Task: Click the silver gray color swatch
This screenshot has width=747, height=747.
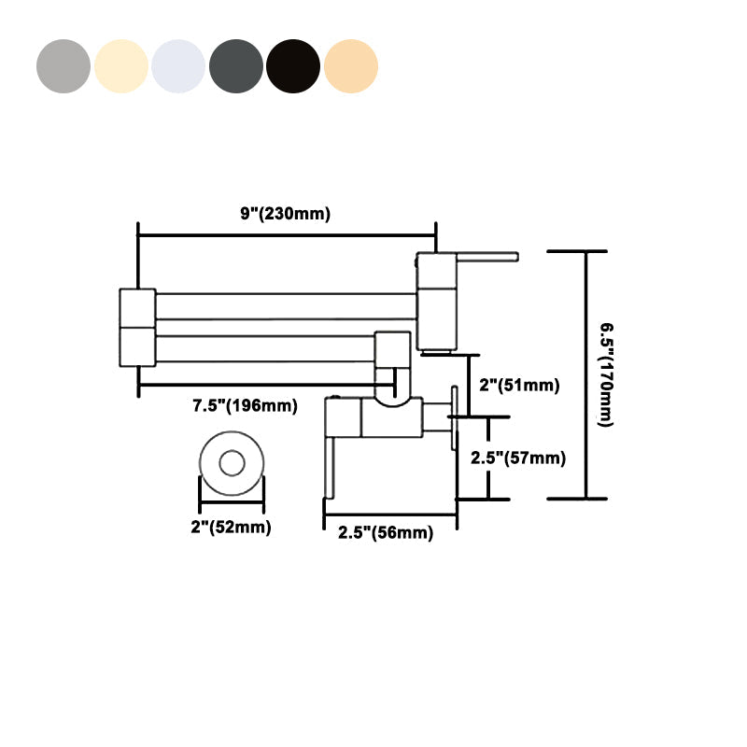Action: pyautogui.click(x=63, y=67)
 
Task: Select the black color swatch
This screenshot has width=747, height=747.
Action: pyautogui.click(x=293, y=67)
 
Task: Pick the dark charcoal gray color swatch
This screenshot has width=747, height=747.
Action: pyautogui.click(x=236, y=67)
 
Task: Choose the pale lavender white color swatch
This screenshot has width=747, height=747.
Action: pyautogui.click(x=178, y=67)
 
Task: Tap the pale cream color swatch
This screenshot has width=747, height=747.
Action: pyautogui.click(x=121, y=67)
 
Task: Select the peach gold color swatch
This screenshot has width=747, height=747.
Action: pyautogui.click(x=351, y=67)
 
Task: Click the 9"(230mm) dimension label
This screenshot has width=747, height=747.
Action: pyautogui.click(x=285, y=214)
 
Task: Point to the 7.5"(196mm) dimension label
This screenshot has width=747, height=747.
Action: pyautogui.click(x=245, y=405)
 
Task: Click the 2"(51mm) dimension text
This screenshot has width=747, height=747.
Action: pyautogui.click(x=518, y=386)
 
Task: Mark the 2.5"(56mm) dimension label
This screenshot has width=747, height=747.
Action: pyautogui.click(x=385, y=532)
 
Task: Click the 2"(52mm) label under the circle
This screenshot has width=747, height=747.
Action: pyautogui.click(x=231, y=528)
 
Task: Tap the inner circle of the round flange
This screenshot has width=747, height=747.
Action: pyautogui.click(x=232, y=463)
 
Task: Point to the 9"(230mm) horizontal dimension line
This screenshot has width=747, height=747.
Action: pyautogui.click(x=286, y=235)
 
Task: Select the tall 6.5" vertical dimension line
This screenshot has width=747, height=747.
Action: pyautogui.click(x=586, y=374)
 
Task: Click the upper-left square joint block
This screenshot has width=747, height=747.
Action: pyautogui.click(x=137, y=307)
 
